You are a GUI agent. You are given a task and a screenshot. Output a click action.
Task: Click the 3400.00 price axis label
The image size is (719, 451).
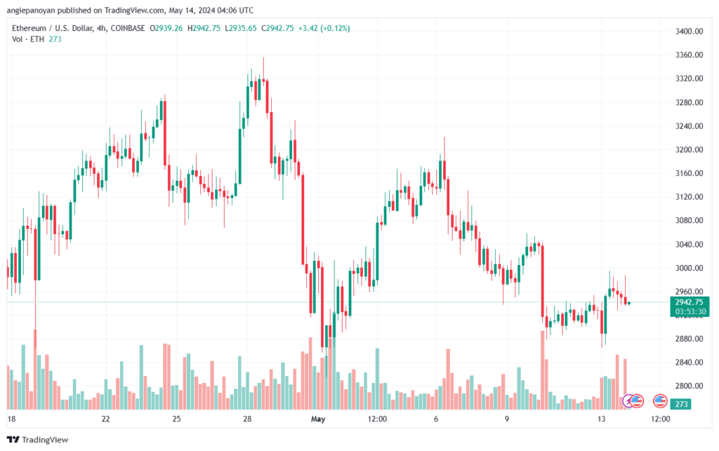(x=689, y=31)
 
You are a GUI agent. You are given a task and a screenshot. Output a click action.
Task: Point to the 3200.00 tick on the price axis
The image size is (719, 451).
(x=689, y=149)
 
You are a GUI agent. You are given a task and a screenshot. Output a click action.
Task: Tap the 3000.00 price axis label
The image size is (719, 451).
(x=689, y=268)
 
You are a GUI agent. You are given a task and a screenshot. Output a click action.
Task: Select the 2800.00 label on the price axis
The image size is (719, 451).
(x=689, y=386)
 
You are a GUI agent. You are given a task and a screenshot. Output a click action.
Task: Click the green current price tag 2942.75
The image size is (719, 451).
(x=690, y=302)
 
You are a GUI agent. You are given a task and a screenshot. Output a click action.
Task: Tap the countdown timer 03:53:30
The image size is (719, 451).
(x=690, y=312)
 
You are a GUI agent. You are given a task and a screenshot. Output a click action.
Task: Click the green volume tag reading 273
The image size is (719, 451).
(x=681, y=404)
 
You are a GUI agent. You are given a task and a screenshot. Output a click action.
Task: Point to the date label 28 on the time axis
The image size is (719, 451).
(x=247, y=419)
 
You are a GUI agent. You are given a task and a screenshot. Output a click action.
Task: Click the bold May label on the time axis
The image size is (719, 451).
(x=318, y=419)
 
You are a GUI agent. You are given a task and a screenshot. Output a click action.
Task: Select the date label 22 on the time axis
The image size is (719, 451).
(x=106, y=419)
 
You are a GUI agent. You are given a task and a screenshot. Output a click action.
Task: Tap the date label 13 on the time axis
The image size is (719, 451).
(x=601, y=419)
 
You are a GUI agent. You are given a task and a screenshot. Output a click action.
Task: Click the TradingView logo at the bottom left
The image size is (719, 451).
(x=38, y=440)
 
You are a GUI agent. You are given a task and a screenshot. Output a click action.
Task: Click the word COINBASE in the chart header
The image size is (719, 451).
(x=128, y=28)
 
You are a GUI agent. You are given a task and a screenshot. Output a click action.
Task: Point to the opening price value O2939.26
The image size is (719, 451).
(x=166, y=28)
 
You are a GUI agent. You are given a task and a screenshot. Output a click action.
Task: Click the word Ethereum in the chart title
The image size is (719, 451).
(x=29, y=28)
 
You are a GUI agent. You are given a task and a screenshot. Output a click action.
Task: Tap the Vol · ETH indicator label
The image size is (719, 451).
(x=28, y=39)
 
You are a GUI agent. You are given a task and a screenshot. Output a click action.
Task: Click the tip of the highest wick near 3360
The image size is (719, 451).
(x=263, y=58)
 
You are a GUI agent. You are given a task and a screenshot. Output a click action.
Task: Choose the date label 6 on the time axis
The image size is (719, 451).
(x=436, y=419)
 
